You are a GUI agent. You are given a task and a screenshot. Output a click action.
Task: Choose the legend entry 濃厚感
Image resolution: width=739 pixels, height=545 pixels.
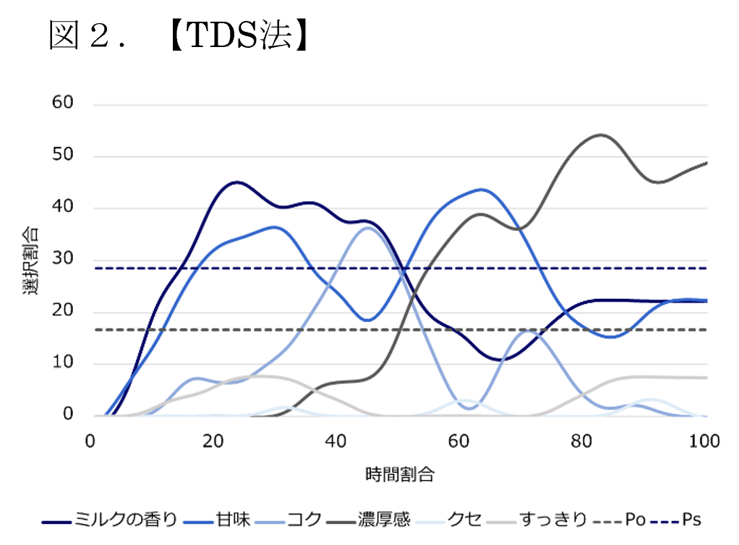[384, 520]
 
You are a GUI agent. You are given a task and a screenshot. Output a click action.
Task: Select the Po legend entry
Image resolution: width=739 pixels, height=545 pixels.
[635, 520]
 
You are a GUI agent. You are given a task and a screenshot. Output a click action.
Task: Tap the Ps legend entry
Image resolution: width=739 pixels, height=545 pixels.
[691, 520]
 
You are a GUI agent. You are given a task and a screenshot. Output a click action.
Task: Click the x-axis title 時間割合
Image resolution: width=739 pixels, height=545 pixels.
[399, 475]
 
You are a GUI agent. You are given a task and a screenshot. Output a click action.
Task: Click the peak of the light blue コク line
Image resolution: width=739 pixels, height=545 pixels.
[368, 228]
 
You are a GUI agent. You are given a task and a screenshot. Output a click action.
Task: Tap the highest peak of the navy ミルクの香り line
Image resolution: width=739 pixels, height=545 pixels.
[236, 182]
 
